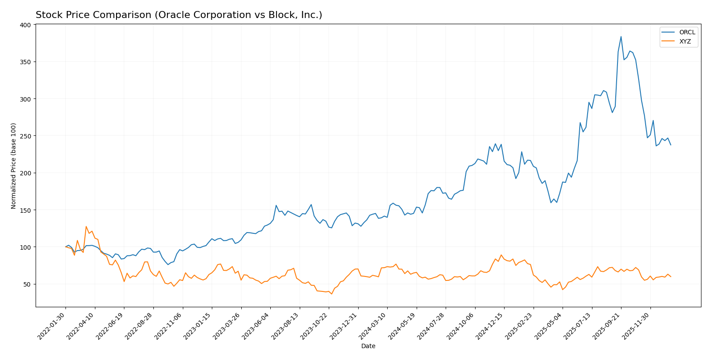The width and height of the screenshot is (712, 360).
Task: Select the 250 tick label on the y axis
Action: point(25,136)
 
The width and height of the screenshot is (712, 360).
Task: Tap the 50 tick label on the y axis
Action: point(27,284)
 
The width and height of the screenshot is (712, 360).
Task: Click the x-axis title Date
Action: point(368,346)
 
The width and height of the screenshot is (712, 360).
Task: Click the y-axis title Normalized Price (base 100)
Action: point(14,166)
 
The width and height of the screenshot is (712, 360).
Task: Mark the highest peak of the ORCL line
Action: point(621,36)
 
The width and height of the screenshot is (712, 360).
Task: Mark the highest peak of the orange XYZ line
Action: point(86,226)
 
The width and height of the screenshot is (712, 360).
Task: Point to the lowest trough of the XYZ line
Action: point(332,294)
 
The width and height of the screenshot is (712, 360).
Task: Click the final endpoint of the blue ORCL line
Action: point(671,145)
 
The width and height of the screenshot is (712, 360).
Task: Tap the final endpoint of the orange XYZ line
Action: point(671,276)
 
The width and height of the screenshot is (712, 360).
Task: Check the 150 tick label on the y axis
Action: point(25,210)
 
